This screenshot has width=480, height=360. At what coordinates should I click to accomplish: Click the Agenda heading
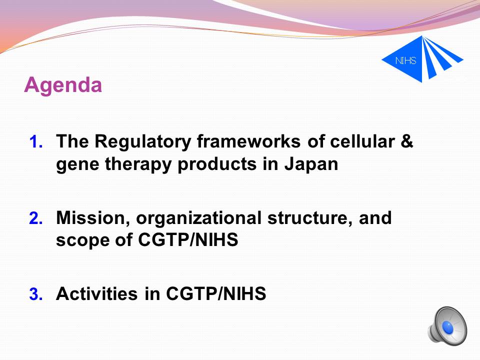point(63,85)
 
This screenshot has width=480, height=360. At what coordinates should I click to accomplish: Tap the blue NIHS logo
point(422,59)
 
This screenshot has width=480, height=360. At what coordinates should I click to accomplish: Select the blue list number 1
point(36,141)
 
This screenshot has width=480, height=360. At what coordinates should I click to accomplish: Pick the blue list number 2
point(36,218)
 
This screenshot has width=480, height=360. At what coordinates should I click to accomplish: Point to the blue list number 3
point(36,294)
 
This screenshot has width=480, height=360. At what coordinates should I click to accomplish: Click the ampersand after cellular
point(406,141)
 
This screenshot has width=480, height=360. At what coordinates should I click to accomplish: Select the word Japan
point(311,165)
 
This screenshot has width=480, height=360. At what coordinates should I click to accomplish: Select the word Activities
point(96,293)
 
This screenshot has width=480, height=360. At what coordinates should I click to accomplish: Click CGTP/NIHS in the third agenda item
point(216,293)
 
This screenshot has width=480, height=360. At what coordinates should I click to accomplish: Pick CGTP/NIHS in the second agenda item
point(188,239)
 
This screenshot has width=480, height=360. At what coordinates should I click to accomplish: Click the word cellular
point(362,141)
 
